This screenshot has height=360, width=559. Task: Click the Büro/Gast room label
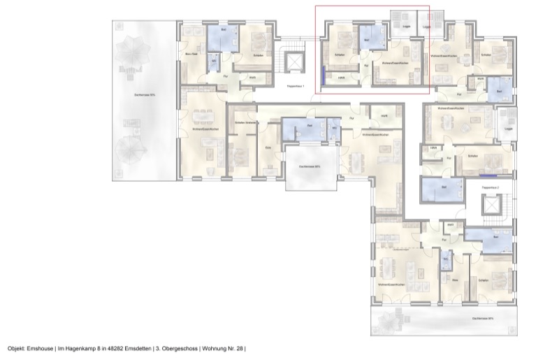189,54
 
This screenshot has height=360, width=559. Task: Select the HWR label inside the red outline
342,78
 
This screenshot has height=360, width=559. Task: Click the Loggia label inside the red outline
406,28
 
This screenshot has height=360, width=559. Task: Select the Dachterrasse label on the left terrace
145,93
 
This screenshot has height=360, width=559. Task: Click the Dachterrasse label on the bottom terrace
483,318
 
